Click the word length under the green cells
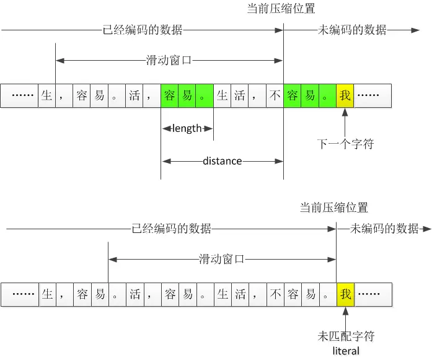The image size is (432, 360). pyautogui.click(x=187, y=128)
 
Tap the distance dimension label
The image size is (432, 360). pyautogui.click(x=222, y=161)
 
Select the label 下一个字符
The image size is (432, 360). pyautogui.click(x=346, y=144)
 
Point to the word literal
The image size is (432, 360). pyautogui.click(x=346, y=351)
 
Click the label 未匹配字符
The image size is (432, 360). pyautogui.click(x=346, y=336)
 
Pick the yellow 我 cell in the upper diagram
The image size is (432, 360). pyautogui.click(x=345, y=95)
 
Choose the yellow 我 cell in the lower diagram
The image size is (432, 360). pyautogui.click(x=345, y=294)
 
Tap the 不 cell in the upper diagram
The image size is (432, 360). pyautogui.click(x=275, y=95)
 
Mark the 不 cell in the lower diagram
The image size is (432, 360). pyautogui.click(x=275, y=294)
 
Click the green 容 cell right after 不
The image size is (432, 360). pyautogui.click(x=293, y=95)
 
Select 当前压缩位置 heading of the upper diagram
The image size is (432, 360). pyautogui.click(x=281, y=9)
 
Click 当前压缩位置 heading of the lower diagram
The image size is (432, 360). pyautogui.click(x=333, y=208)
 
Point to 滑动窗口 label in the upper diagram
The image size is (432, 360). pyautogui.click(x=169, y=60)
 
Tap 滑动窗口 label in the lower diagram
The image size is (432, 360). pyautogui.click(x=222, y=258)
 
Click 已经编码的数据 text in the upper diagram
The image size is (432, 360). pyautogui.click(x=143, y=29)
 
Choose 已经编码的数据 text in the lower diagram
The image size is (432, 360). pyautogui.click(x=172, y=229)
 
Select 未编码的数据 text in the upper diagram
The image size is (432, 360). pyautogui.click(x=351, y=29)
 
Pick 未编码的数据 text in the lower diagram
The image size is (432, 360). pyautogui.click(x=384, y=229)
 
